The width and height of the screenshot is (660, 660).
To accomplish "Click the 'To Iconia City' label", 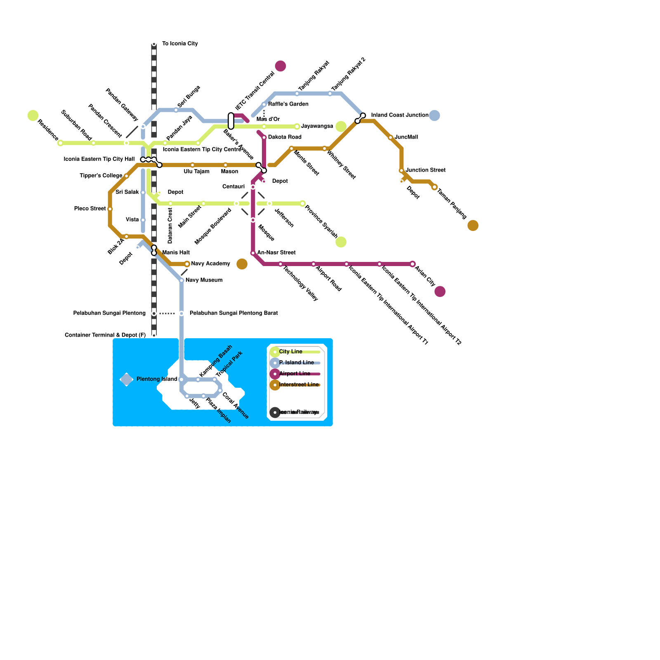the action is (x=180, y=44).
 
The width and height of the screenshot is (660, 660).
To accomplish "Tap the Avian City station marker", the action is (x=412, y=264).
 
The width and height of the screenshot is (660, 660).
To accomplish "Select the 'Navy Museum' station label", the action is (x=204, y=280).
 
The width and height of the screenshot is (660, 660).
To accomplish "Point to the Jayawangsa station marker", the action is (x=297, y=127).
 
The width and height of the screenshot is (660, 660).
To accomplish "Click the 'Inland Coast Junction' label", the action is (x=399, y=115).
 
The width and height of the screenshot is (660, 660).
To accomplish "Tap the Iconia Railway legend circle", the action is (x=275, y=412).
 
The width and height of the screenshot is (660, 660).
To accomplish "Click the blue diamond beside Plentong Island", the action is (x=127, y=379).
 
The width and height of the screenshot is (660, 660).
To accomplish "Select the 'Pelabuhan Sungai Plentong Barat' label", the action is (x=233, y=313).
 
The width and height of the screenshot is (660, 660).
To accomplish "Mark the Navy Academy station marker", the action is (x=187, y=264).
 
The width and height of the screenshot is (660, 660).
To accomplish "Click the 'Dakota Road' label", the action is (x=285, y=137).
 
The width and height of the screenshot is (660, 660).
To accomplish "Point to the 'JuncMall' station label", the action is (x=406, y=137).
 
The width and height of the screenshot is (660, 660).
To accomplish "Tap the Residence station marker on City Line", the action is (x=61, y=143).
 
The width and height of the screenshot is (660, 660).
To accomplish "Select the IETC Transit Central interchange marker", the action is (x=231, y=121).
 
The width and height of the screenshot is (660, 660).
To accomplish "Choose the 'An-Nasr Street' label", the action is (x=276, y=253).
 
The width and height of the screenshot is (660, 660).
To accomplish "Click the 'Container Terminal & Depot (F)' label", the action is (x=105, y=335).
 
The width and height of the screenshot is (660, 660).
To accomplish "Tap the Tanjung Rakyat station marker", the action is (x=297, y=94).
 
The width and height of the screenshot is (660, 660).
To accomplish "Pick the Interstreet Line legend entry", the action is (x=299, y=385).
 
